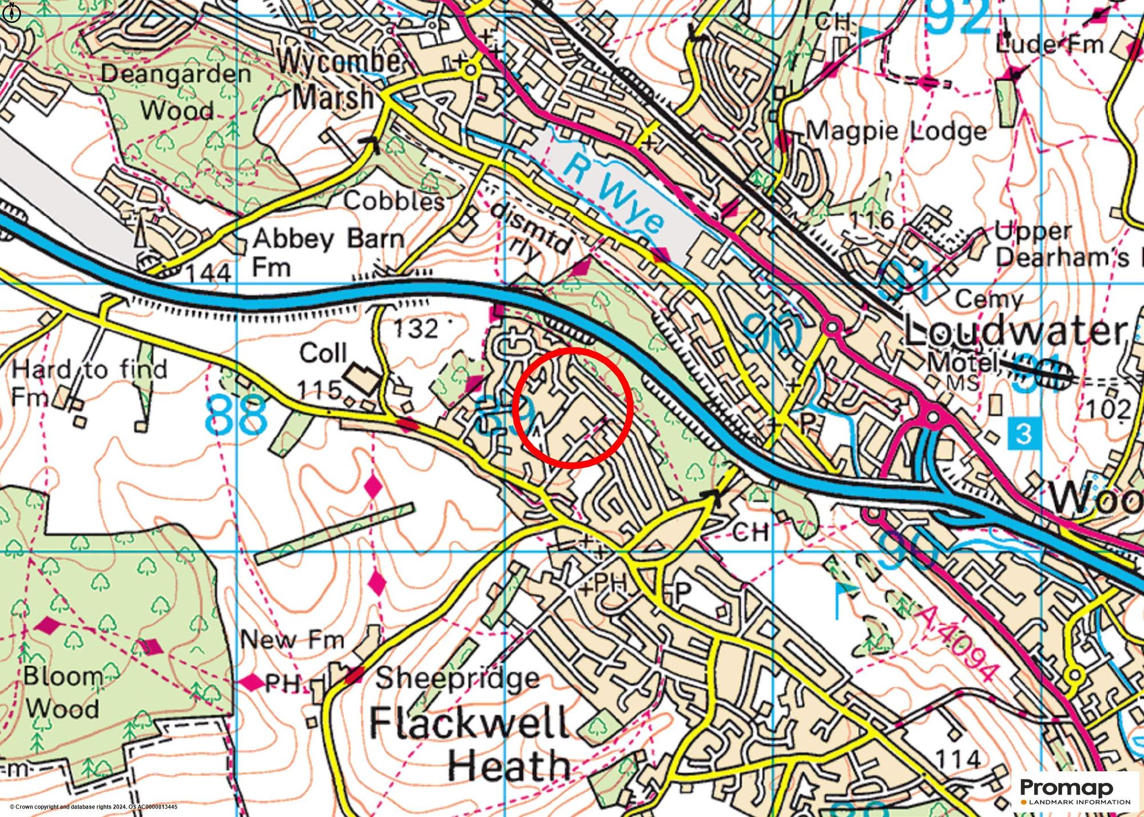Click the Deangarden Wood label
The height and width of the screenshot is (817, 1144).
(x=176, y=91)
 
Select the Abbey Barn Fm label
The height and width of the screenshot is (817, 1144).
(x=328, y=252)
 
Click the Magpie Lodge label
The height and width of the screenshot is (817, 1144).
(x=896, y=131)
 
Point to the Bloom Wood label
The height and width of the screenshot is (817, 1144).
(x=62, y=693)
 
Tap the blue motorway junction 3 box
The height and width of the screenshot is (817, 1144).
(x=1024, y=433)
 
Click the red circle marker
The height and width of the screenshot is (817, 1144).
(x=572, y=407)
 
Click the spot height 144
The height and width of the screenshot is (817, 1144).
(x=209, y=273)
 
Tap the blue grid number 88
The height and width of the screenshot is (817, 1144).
(x=236, y=415)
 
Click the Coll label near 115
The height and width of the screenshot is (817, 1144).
(x=323, y=353)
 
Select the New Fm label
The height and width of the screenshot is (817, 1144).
(x=292, y=640)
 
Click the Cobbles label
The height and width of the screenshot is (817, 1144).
(x=394, y=201)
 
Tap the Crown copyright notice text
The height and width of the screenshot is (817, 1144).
(x=93, y=807)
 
